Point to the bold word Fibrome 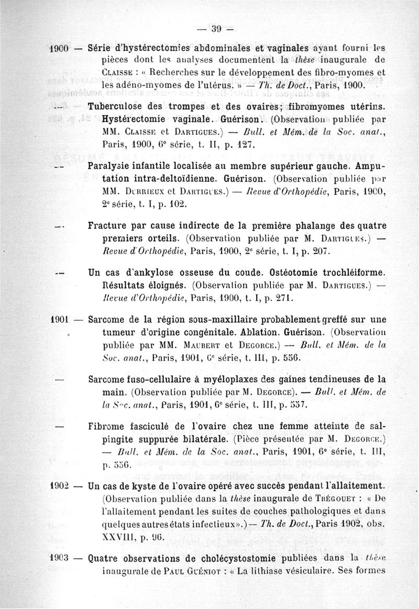pyautogui.click(x=107, y=426)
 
